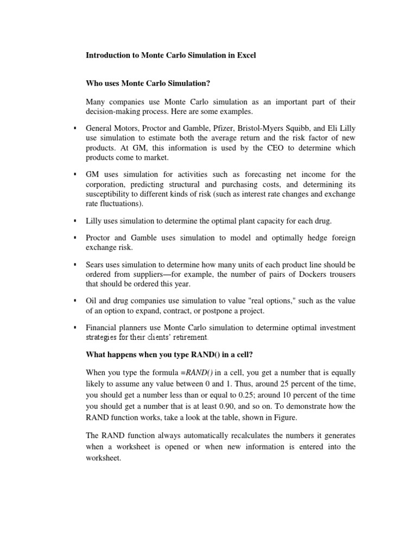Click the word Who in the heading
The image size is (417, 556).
(x=94, y=83)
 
